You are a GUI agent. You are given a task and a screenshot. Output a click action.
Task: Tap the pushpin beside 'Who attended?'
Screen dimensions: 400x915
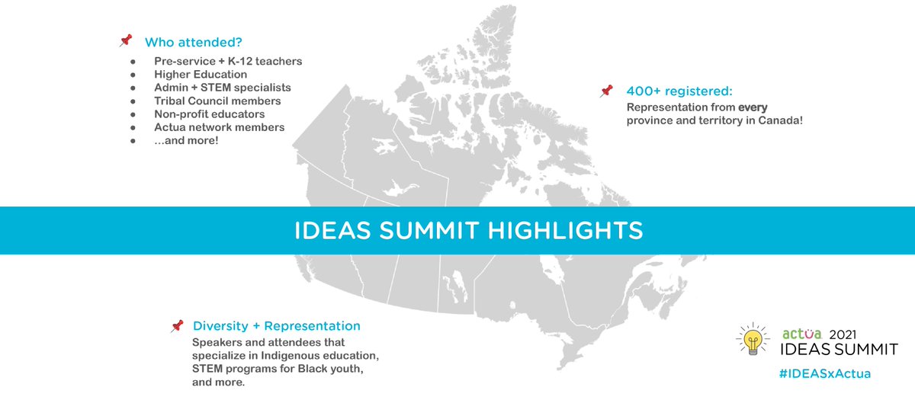(126, 40)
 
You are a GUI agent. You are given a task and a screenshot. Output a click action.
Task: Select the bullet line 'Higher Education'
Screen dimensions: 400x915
(201, 75)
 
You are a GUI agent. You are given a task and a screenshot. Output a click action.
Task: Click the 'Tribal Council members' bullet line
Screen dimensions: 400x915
(217, 101)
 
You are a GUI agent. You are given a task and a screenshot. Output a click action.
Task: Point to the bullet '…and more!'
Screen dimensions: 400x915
(186, 140)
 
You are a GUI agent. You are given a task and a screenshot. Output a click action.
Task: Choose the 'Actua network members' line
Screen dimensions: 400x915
(219, 127)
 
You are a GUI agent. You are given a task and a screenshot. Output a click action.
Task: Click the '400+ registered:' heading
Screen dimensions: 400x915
(679, 91)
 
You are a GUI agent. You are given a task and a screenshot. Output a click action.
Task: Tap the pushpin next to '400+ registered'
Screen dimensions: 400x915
(607, 91)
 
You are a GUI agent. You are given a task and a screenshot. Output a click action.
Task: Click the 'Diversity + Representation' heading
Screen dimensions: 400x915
(276, 326)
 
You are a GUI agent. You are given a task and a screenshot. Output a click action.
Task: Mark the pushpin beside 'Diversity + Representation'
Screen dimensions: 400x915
(177, 326)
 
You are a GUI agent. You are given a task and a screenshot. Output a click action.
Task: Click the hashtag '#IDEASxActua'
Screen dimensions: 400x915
(826, 373)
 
